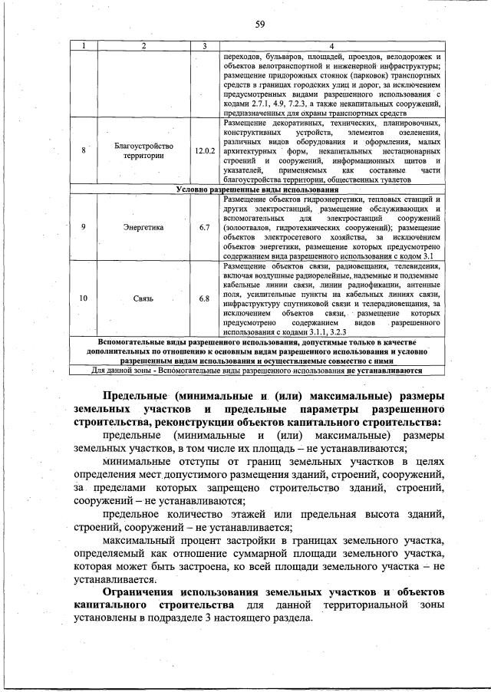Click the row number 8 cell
pyautogui.click(x=83, y=150)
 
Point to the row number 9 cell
pyautogui.click(x=83, y=227)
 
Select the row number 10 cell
pyautogui.click(x=83, y=298)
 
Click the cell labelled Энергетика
pyautogui.click(x=144, y=227)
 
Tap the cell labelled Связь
pyautogui.click(x=144, y=298)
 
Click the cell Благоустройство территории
pyautogui.click(x=144, y=150)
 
